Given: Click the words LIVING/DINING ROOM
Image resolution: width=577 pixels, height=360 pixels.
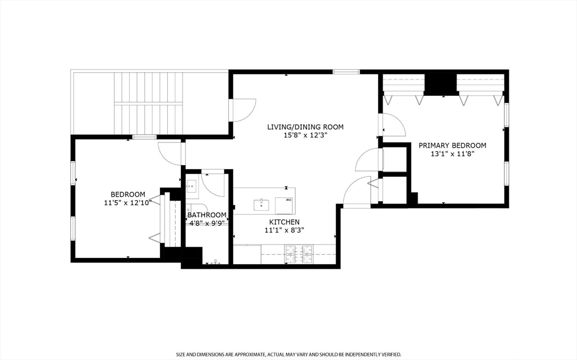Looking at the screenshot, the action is (305, 127).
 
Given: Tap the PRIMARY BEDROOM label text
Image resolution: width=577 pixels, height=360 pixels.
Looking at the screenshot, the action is (452, 145).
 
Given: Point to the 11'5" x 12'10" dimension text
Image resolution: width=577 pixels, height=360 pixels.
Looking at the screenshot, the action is (128, 202).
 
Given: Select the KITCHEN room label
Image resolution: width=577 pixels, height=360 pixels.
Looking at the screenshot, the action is (285, 222).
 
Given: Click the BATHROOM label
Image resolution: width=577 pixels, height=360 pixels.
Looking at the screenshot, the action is (207, 215).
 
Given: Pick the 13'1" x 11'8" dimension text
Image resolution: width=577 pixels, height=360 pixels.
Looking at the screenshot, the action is (452, 153).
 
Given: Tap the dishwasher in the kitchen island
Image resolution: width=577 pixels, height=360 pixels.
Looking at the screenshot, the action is (285, 206).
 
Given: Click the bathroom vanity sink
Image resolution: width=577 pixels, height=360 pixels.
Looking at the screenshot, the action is (192, 186).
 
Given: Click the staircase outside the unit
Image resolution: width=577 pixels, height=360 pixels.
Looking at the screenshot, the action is (148, 104).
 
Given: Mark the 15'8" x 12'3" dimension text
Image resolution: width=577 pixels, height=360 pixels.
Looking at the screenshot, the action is (305, 135).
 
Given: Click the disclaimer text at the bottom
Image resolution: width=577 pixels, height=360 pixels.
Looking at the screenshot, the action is (288, 354).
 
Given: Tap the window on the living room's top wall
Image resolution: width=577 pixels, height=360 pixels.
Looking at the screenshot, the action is (346, 72).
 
